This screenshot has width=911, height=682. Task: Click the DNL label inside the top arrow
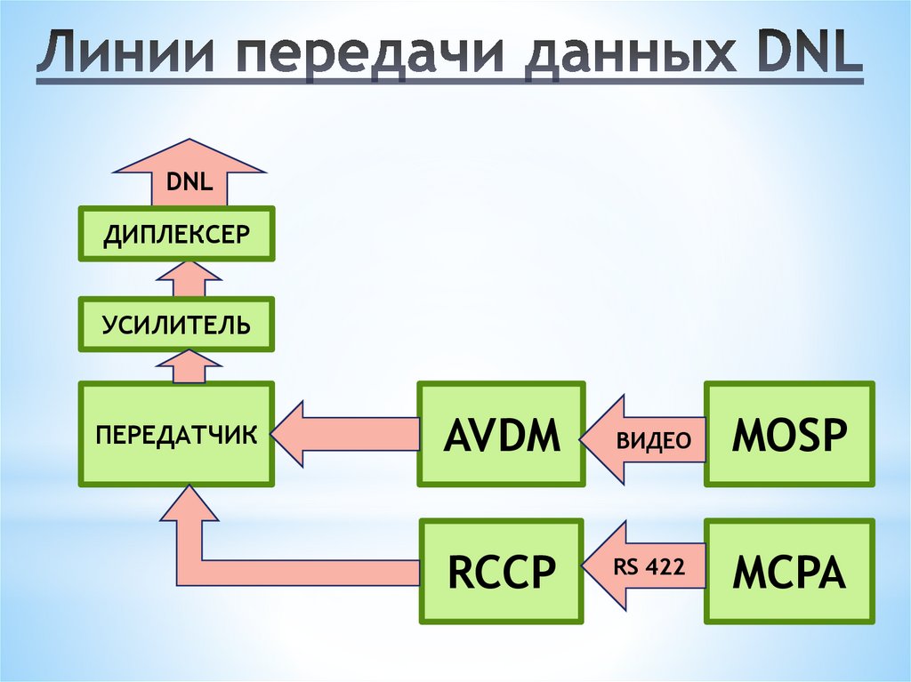(x=189, y=184)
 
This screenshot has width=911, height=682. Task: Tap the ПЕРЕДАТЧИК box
(x=176, y=434)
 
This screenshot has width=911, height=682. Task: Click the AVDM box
(x=503, y=434)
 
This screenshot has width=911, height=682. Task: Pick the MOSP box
(x=788, y=434)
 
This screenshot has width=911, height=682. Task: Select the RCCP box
(x=503, y=571)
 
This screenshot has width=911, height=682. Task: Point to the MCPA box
(x=788, y=571)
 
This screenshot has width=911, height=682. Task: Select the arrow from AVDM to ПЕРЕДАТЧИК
(x=347, y=434)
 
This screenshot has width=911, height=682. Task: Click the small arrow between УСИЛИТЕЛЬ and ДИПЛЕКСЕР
(x=189, y=280)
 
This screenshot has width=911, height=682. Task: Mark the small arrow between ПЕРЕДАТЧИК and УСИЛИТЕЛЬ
(x=189, y=367)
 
